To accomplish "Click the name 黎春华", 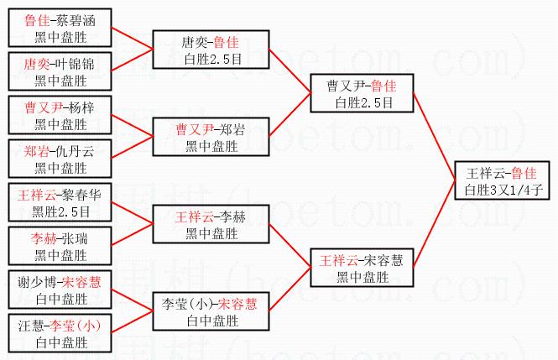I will (x=81, y=195).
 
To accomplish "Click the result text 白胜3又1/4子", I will (x=501, y=190).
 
